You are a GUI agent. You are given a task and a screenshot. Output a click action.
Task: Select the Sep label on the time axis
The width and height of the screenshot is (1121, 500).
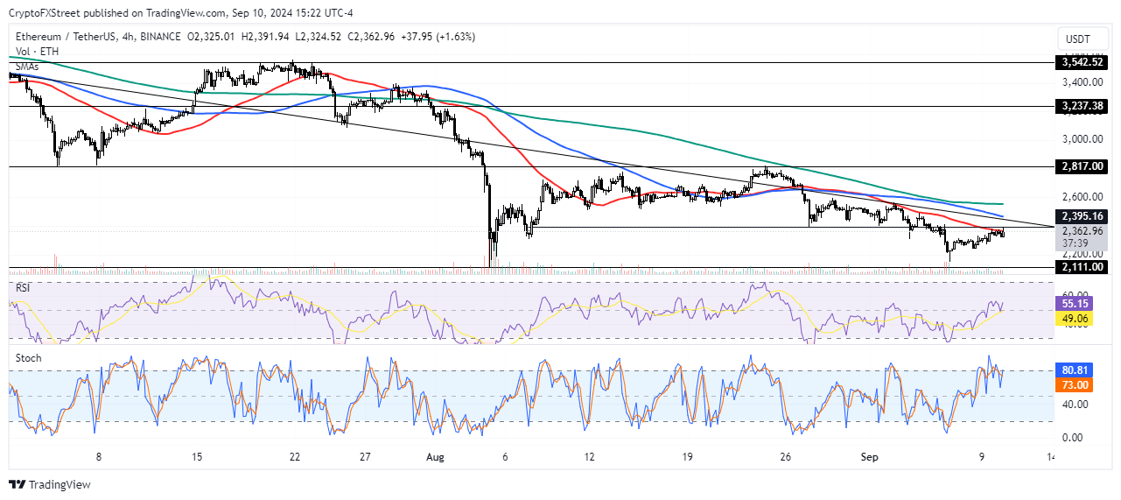(x=869, y=456)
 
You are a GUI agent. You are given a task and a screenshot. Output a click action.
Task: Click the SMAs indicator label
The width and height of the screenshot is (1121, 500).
(x=27, y=67)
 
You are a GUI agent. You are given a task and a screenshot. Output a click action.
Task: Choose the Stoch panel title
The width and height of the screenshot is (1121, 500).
(x=28, y=358)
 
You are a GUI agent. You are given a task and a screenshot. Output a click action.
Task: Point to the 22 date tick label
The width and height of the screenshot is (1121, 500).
(x=295, y=456)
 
